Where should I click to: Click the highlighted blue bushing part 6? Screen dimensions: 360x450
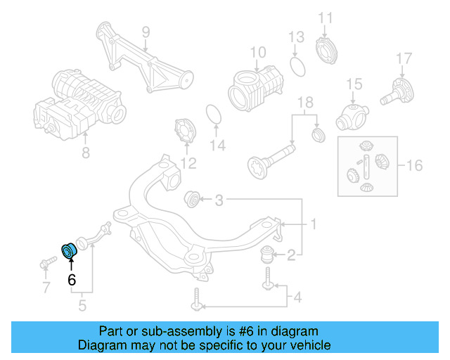tap(70, 250)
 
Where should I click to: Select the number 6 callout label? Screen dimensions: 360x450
tap(71, 279)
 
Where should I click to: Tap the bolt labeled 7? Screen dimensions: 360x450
tap(46, 265)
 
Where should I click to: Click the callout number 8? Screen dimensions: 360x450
tap(85, 152)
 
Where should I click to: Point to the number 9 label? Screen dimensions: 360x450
tap(146, 32)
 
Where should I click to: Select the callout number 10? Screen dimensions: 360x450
tap(257, 51)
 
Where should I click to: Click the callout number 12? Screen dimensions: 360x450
tap(188, 164)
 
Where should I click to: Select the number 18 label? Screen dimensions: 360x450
tap(304, 103)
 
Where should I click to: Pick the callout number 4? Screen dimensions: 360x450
tap(297, 298)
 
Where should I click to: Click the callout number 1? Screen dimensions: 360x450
tap(313, 225)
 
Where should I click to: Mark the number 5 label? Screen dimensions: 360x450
tap(82, 306)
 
